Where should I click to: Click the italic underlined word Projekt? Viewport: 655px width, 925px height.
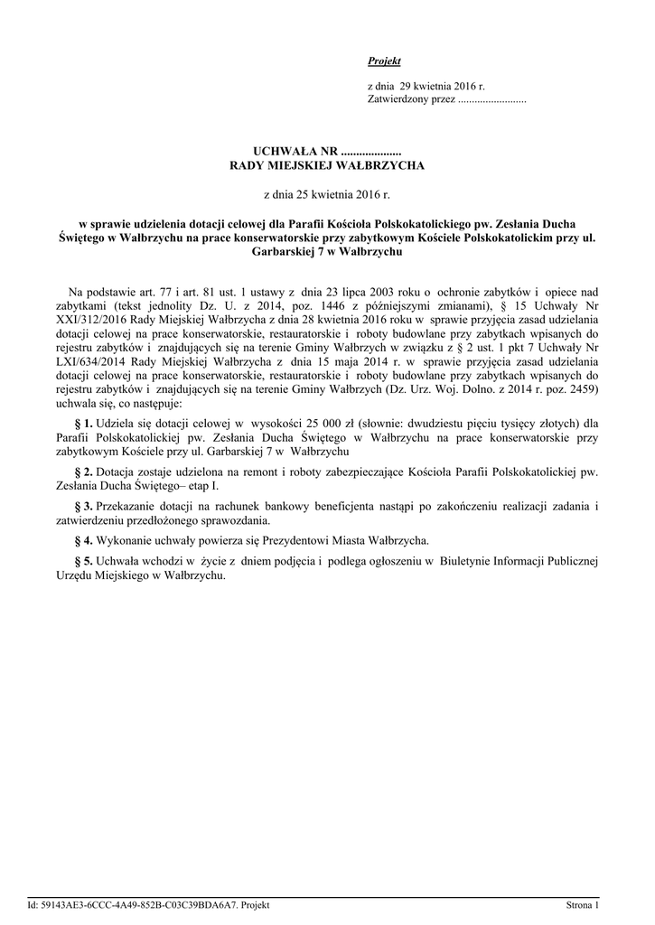tap(384, 61)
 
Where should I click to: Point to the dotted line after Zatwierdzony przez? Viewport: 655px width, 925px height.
tap(492, 99)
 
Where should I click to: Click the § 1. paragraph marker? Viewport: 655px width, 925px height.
tap(82, 423)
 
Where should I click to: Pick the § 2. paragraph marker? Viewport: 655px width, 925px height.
tap(82, 472)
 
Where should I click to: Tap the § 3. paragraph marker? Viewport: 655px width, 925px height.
tap(82, 507)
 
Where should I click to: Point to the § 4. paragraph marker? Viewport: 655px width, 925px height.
tap(82, 541)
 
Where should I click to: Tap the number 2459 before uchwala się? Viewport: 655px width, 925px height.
tap(579, 388)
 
